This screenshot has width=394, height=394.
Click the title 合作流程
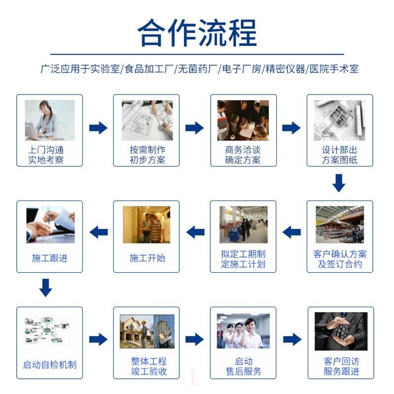click(197, 33)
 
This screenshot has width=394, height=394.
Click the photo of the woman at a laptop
click(50, 120)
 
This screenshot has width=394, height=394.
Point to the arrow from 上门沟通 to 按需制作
click(98, 128)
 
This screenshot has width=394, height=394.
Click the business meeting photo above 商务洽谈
click(243, 120)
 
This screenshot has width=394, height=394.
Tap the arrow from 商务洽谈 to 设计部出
click(291, 128)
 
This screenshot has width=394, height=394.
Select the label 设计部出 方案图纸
click(340, 155)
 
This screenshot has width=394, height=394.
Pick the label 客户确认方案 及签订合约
click(340, 259)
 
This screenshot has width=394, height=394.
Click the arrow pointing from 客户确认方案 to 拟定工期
click(292, 231)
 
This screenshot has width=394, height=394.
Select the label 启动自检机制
click(50, 365)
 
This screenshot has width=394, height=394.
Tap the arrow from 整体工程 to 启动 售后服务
click(195, 339)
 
